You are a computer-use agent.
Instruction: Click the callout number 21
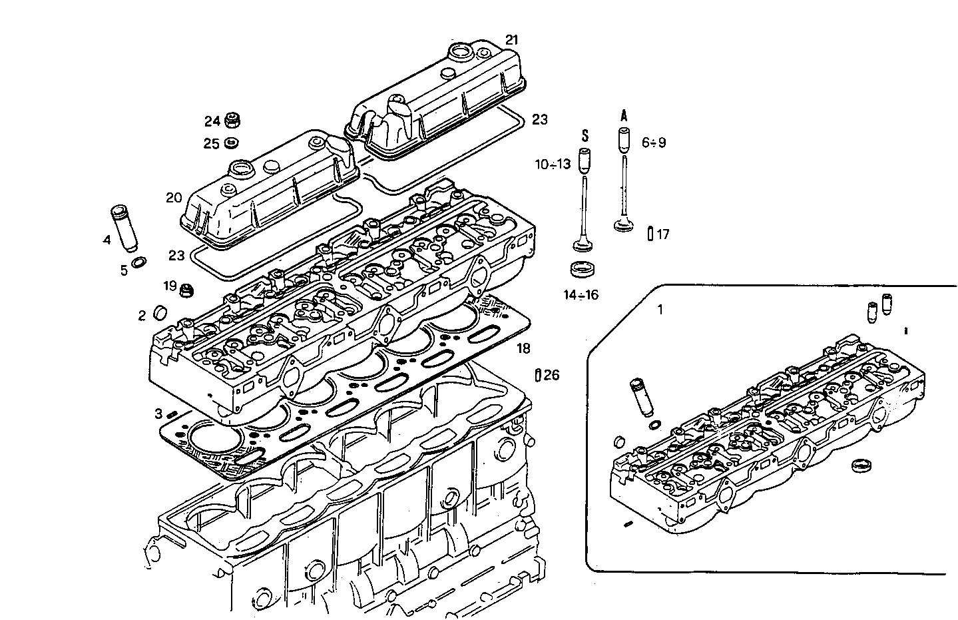511,40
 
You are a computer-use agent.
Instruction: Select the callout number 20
174,197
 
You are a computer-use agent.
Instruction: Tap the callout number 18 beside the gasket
523,348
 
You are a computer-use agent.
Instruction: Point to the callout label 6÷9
653,143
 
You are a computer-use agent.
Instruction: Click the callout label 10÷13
552,164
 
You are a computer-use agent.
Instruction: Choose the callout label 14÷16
580,295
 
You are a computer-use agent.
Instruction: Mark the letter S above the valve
585,136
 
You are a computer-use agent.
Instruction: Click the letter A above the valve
624,115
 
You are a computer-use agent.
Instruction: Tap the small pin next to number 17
650,233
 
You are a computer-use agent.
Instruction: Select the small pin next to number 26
537,375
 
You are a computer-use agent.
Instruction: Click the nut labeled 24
233,121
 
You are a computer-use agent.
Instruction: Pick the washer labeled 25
232,143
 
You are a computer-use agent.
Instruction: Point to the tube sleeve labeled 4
122,229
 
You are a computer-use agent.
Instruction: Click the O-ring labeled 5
140,263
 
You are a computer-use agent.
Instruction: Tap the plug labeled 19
188,290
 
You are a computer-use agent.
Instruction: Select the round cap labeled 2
160,312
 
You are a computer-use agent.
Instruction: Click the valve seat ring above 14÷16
584,270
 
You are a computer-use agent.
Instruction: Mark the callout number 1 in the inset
660,309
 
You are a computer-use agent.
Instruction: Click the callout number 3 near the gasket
158,414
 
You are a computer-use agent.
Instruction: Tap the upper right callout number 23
539,119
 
